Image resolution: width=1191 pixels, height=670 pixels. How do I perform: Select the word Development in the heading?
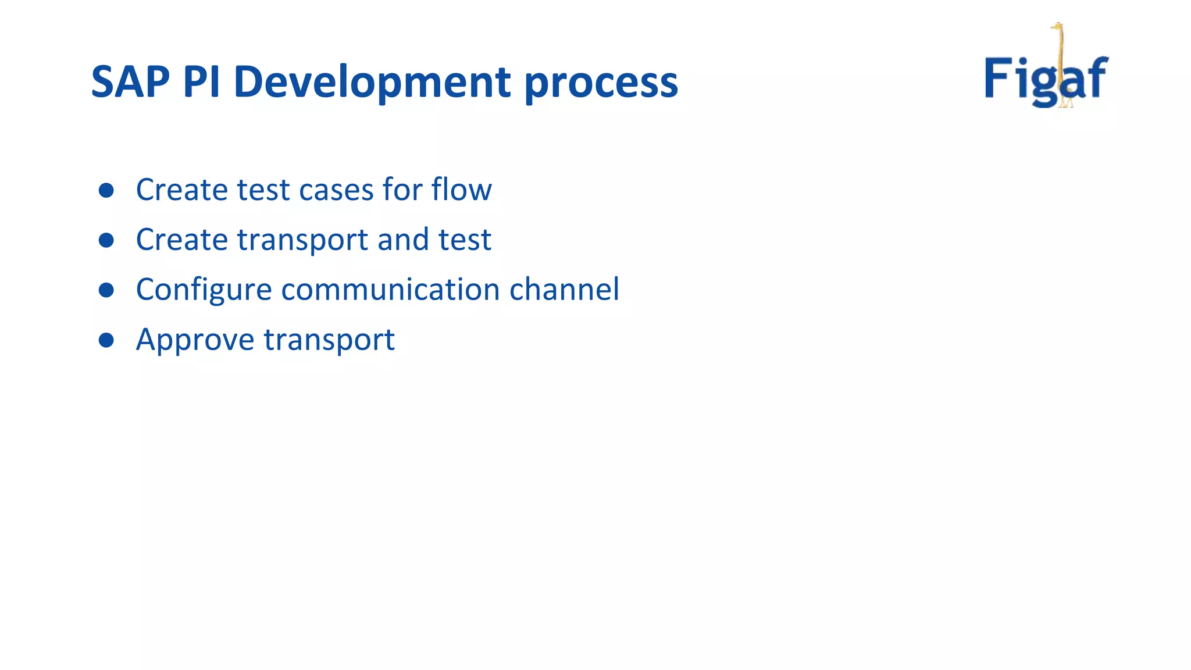(x=372, y=81)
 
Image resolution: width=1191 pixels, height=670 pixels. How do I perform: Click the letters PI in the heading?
(x=201, y=81)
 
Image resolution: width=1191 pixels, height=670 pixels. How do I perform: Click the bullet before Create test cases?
(x=106, y=190)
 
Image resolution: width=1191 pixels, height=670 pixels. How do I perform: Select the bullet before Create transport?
(x=106, y=240)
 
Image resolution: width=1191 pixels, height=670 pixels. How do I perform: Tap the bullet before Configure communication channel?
(x=106, y=290)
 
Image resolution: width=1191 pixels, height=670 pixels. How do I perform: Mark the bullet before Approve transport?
(x=106, y=340)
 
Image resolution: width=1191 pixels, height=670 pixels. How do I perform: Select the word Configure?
(x=204, y=290)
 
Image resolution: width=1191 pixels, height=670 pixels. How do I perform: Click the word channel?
(x=564, y=290)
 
